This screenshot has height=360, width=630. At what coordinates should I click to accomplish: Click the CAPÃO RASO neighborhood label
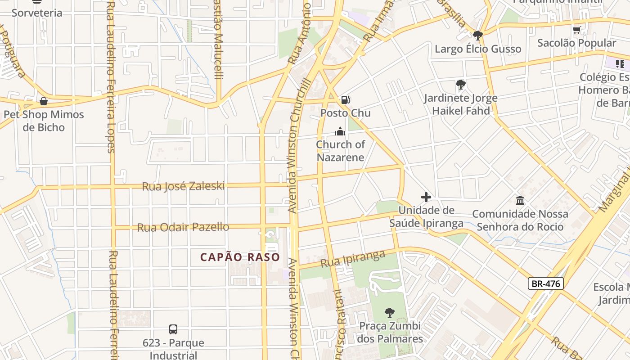pos(240,257)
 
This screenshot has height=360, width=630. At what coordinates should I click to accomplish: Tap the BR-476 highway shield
pos(545,283)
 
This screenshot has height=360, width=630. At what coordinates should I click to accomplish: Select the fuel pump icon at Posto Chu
pos(345,100)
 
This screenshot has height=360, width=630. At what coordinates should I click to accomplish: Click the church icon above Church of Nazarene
pos(340,131)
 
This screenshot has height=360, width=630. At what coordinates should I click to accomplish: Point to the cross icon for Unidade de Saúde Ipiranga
pos(426,197)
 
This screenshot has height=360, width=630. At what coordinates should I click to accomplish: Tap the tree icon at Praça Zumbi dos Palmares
pos(390,312)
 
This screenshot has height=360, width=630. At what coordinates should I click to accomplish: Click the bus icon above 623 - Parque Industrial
pos(173,329)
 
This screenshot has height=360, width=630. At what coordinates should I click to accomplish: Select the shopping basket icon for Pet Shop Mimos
pos(44,101)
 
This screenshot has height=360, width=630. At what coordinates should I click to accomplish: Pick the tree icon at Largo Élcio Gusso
pos(477,35)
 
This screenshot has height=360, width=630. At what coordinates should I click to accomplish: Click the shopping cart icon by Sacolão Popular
pos(576,30)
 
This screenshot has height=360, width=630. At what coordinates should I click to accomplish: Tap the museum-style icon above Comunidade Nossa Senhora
pos(520,200)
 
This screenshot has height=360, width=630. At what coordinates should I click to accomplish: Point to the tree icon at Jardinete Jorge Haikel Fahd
pos(460,84)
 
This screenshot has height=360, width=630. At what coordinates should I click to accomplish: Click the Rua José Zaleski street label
pos(183,186)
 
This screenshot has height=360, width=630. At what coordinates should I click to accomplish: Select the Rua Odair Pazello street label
pos(183,227)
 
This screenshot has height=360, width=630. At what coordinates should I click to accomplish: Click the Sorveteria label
pos(37,13)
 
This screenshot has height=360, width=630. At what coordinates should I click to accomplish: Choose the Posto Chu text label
pos(346,113)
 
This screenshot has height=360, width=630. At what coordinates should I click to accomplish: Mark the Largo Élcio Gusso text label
pos(478,49)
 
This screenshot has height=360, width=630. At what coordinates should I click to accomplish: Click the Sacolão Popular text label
pos(577,43)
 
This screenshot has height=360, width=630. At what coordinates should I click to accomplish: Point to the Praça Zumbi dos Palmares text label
pos(390,332)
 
